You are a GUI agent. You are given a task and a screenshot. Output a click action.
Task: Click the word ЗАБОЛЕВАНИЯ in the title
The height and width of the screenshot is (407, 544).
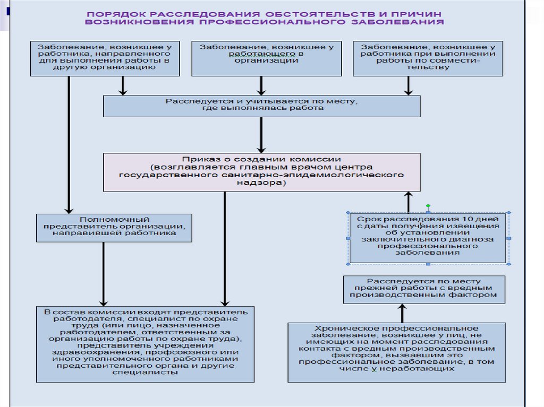407,22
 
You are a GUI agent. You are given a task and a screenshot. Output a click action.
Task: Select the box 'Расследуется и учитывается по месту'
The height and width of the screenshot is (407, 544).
261,105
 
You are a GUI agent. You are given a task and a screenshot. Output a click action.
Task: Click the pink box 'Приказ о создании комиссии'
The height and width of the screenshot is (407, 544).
261,172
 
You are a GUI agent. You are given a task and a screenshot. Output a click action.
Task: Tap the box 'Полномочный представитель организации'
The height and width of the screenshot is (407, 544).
114,227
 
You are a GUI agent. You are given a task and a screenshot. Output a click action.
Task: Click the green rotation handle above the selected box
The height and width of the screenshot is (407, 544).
428,206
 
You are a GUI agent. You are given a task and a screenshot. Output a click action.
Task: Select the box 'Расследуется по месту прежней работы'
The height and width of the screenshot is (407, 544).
423,289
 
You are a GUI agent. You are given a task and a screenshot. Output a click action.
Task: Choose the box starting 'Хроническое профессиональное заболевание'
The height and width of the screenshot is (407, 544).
396,352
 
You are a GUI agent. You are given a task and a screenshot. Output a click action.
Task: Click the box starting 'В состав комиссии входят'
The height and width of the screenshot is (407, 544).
146,344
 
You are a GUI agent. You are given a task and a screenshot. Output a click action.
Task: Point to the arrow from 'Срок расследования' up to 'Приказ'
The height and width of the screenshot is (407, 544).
408,202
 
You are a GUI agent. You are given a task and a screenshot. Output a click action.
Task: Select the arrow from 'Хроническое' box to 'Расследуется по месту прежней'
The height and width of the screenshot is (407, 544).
402,313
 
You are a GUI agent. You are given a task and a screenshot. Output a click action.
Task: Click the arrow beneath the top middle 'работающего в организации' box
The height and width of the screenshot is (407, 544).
261,85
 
